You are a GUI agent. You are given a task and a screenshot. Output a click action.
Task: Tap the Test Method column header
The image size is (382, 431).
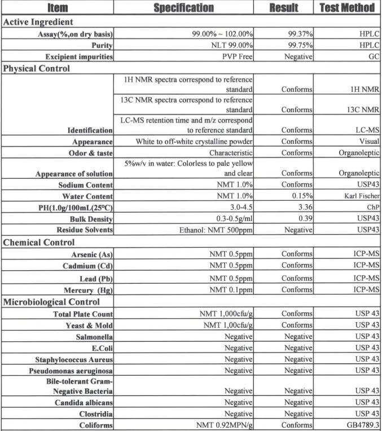347,8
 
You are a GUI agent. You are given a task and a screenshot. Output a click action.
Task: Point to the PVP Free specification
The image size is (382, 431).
237,57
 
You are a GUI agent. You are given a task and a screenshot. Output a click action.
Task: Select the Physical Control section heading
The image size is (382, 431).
37,69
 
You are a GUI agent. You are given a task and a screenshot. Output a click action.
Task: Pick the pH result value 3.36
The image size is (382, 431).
305,207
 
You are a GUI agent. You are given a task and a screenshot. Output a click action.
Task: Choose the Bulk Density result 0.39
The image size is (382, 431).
305,218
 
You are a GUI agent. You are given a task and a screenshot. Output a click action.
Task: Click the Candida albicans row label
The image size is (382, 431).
84,403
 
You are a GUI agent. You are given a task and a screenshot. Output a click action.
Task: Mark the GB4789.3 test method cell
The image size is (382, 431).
361,425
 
